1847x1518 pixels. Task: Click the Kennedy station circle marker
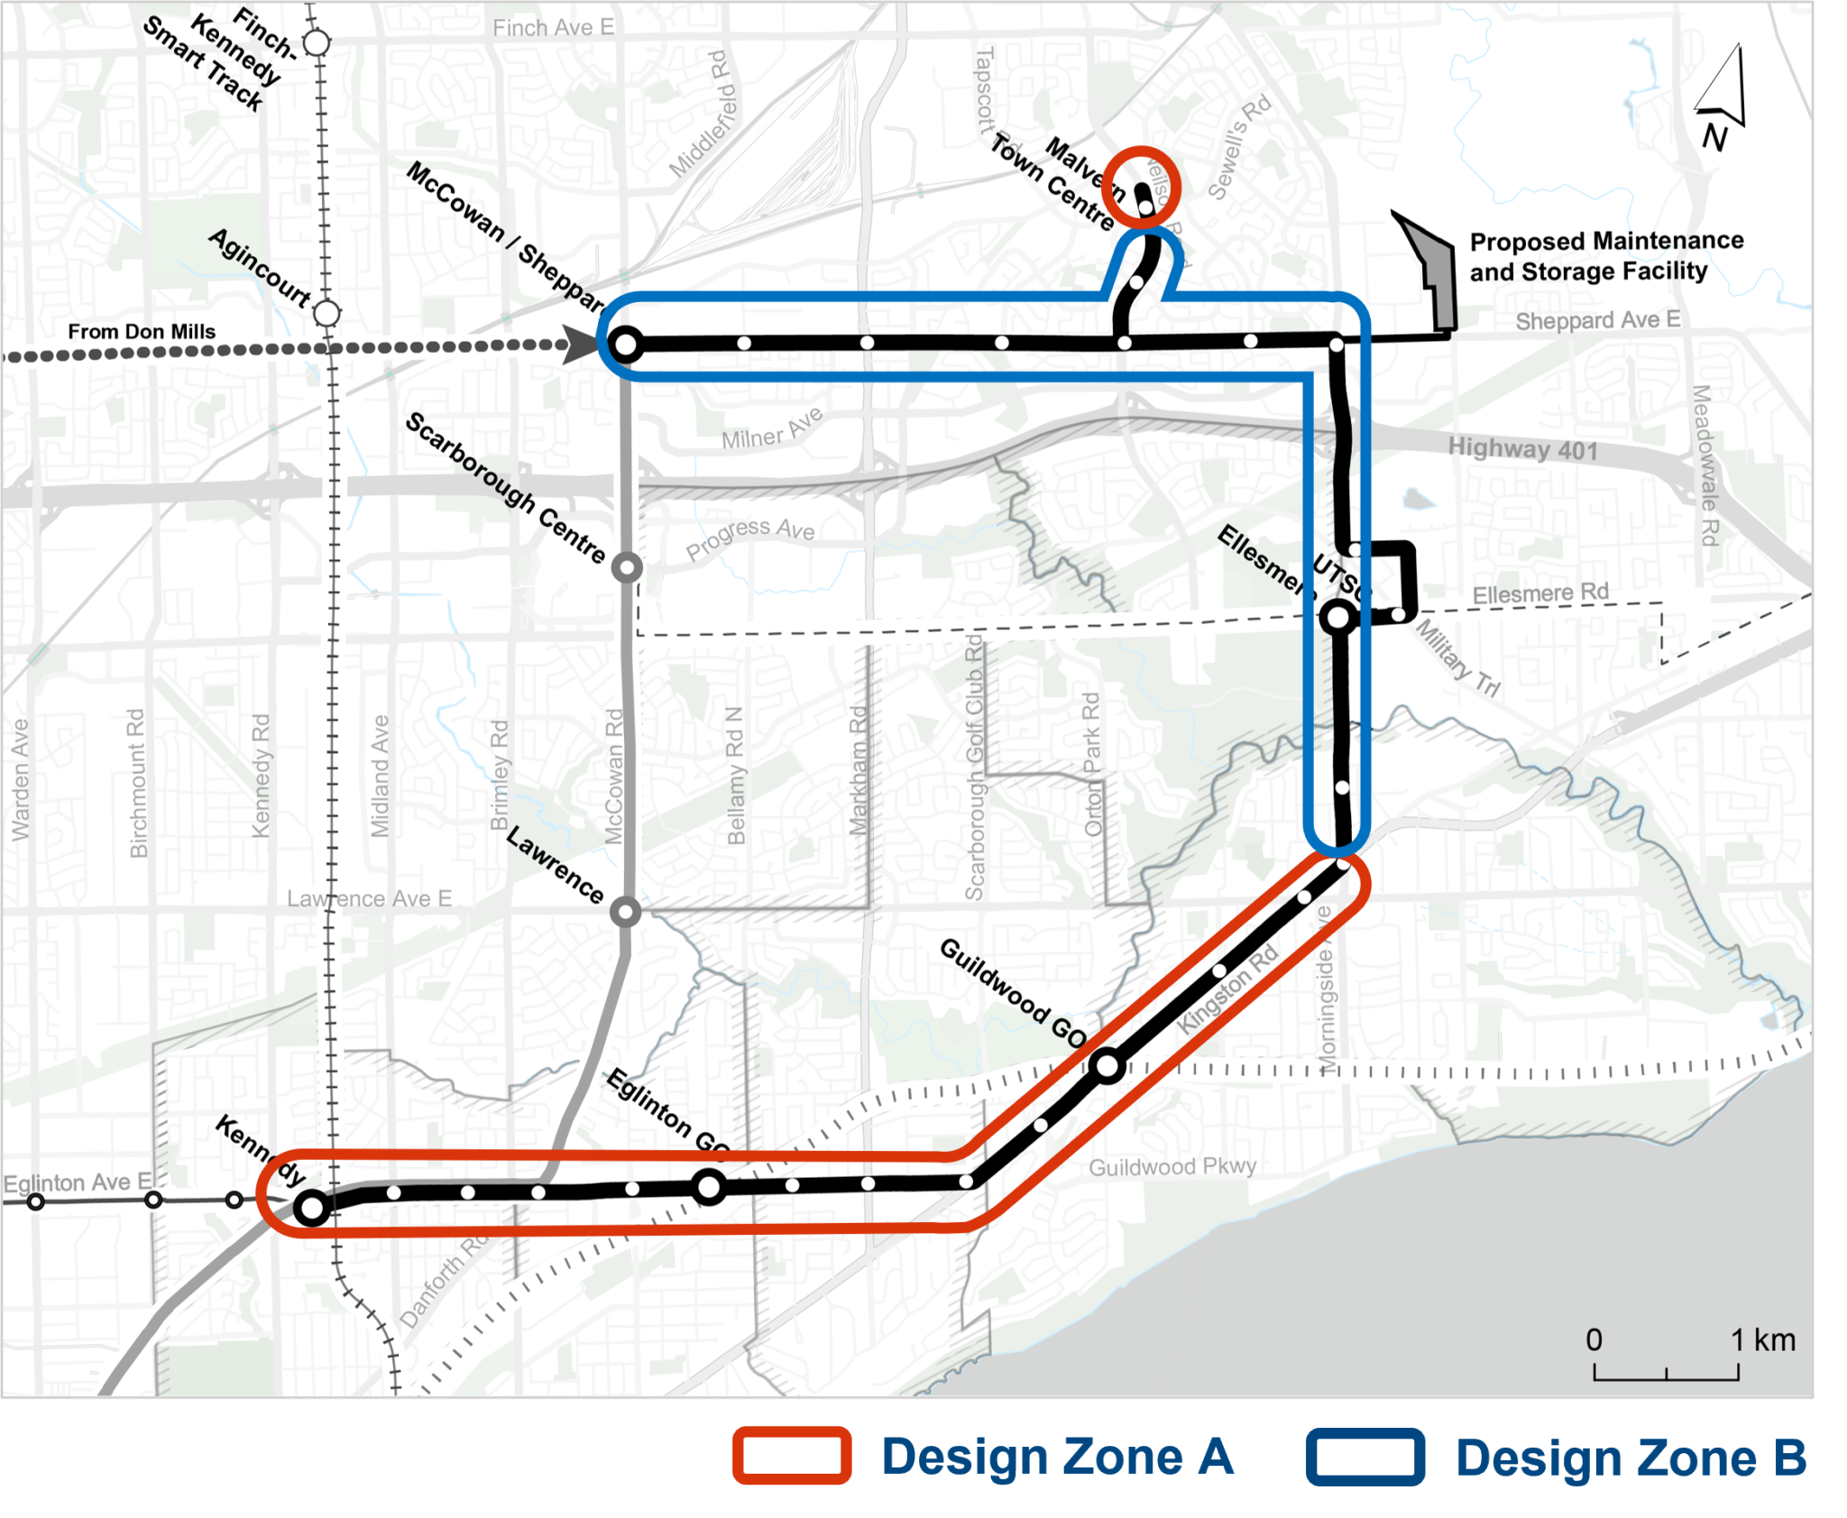click(x=312, y=1207)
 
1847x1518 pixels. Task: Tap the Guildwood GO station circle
click(x=1107, y=1066)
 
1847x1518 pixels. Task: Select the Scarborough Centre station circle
click(x=627, y=568)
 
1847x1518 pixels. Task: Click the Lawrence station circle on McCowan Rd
click(x=625, y=912)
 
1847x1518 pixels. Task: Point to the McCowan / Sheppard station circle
click(x=626, y=344)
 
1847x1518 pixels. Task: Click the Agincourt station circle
click(x=326, y=313)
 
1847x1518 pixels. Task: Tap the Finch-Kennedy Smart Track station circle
click(x=317, y=41)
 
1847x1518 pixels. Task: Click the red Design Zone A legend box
click(x=793, y=1456)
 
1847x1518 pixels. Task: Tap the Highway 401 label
click(x=1522, y=448)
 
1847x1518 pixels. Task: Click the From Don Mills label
click(x=142, y=332)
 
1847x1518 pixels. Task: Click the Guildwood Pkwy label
click(x=1172, y=1167)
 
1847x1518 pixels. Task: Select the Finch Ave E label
click(x=553, y=28)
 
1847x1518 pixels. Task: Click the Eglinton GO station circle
click(x=710, y=1187)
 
